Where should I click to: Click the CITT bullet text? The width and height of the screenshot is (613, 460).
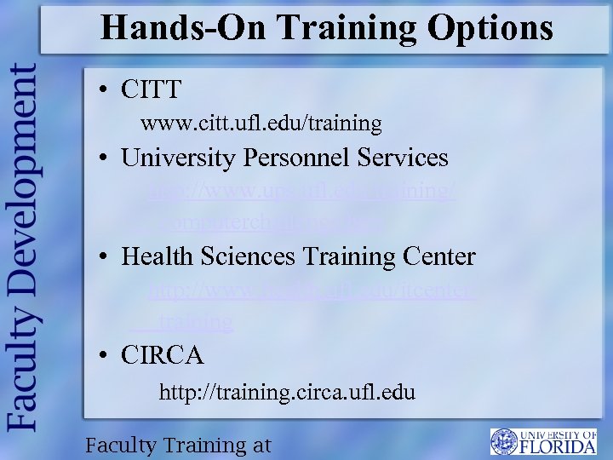(152, 88)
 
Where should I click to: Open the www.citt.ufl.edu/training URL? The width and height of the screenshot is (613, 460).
(261, 124)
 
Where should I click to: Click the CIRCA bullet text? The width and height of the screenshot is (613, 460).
(163, 354)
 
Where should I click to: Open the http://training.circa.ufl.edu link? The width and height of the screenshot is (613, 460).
(287, 393)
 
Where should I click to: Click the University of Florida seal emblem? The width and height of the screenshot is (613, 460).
(504, 441)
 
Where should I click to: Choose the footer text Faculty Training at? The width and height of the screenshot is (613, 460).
(178, 445)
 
